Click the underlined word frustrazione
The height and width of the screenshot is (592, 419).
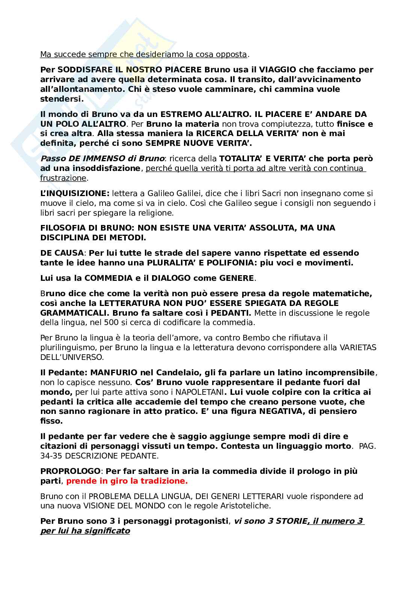tap(63, 178)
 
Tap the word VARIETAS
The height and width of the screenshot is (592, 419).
tap(358, 348)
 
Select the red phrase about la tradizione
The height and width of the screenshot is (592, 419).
tap(127, 481)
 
